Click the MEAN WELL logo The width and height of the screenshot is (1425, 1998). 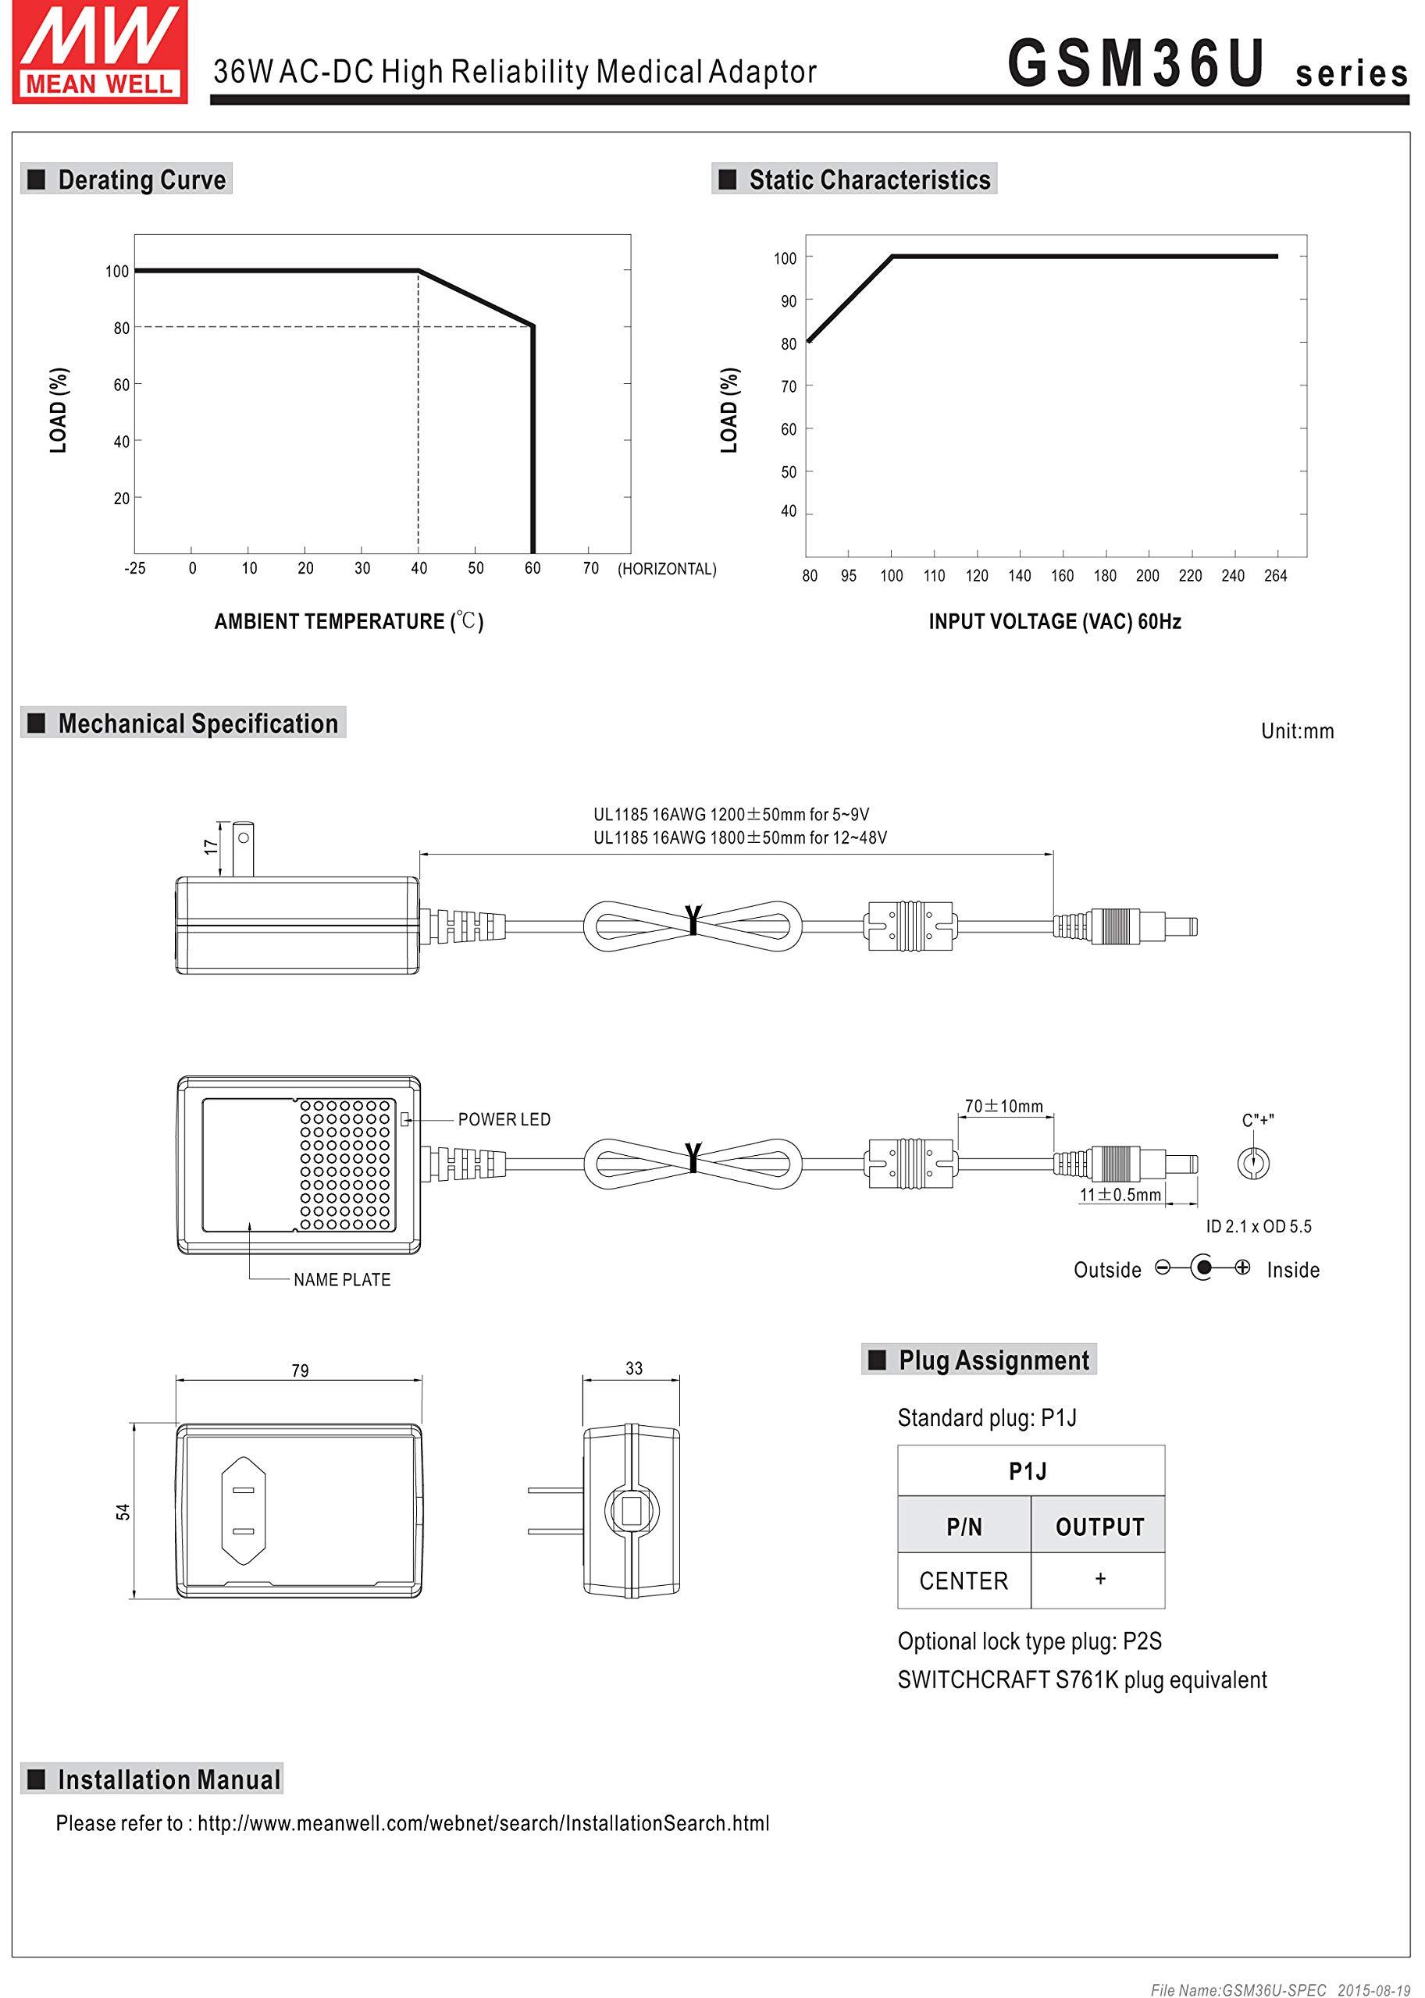click(x=100, y=52)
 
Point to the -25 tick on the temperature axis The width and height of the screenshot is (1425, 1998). click(x=134, y=568)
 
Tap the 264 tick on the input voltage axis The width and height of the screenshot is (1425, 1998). click(x=1275, y=575)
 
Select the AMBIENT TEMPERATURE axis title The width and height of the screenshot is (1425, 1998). click(x=349, y=622)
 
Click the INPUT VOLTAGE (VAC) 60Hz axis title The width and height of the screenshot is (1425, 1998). click(x=1055, y=622)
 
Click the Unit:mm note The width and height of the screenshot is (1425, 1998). click(x=1297, y=731)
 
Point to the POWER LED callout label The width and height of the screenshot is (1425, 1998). click(x=504, y=1119)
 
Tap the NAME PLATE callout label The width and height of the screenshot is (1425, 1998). click(x=342, y=1280)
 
